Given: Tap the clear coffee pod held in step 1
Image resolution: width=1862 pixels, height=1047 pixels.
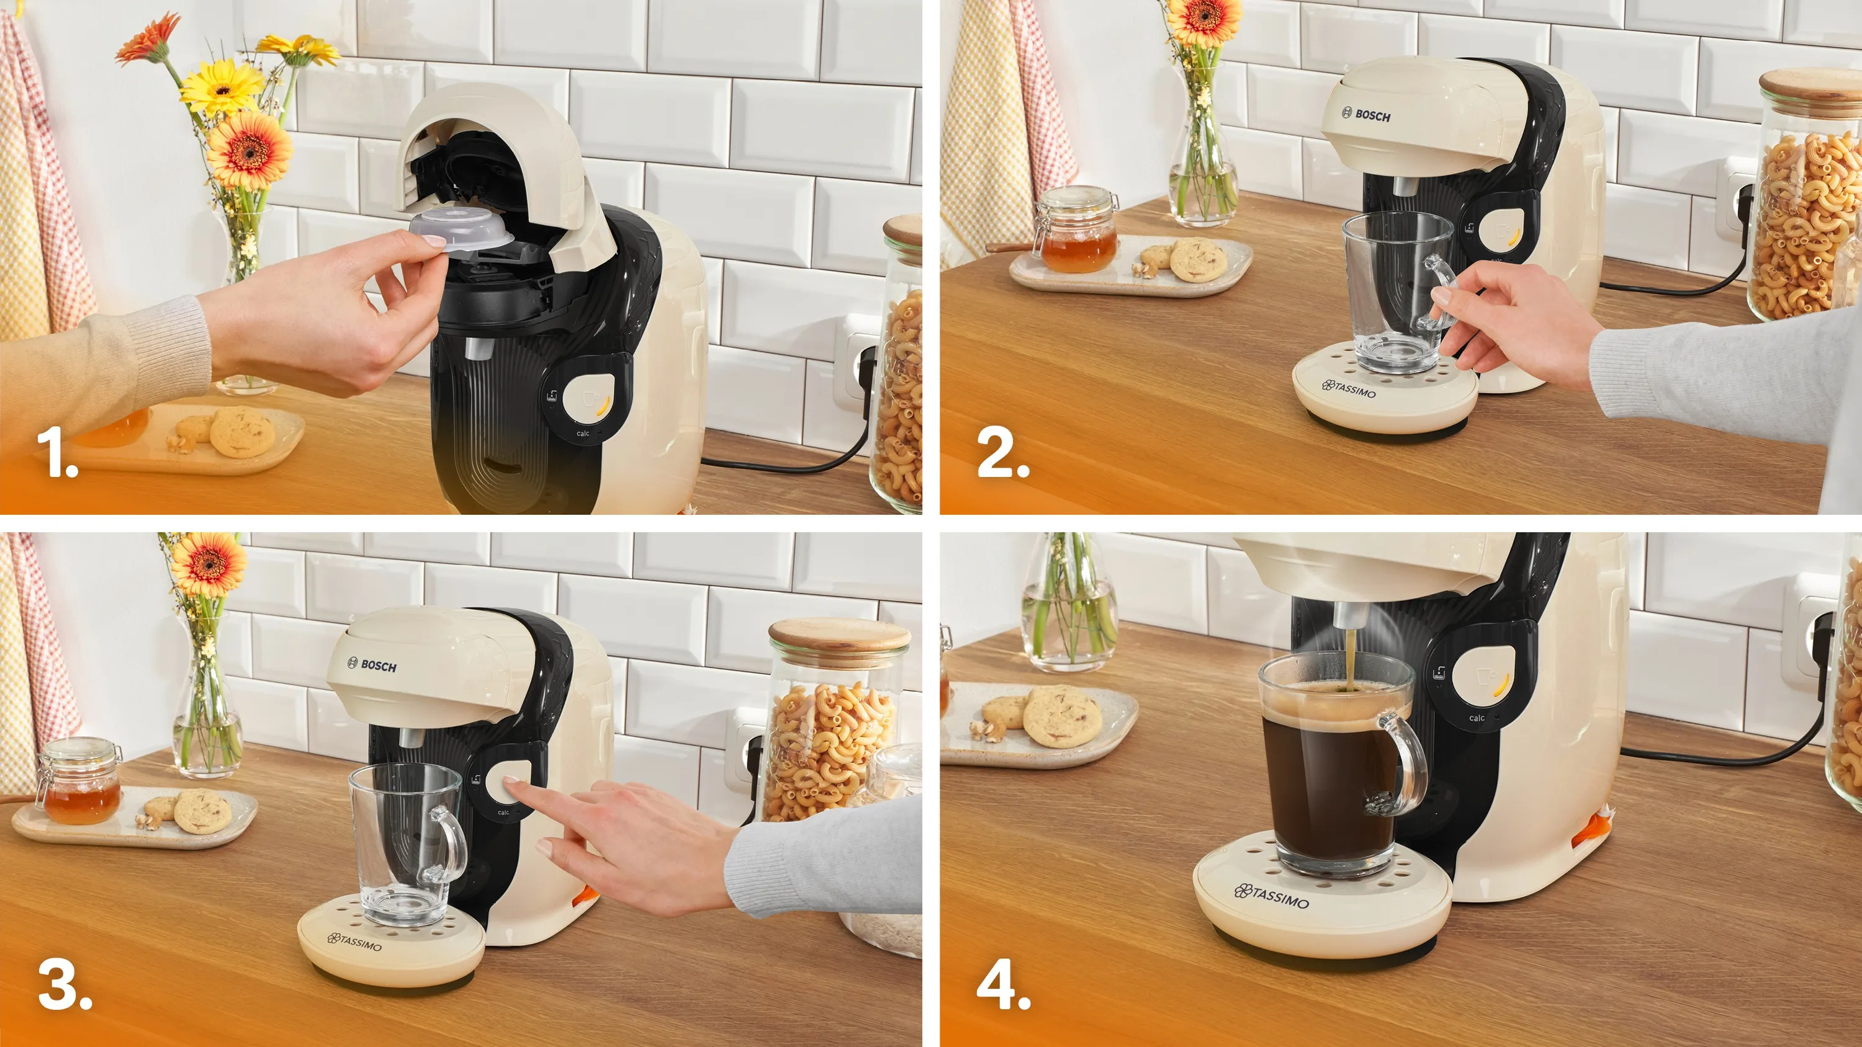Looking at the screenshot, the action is (461, 229).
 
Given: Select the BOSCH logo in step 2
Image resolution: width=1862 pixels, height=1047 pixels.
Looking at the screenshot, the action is (1365, 114).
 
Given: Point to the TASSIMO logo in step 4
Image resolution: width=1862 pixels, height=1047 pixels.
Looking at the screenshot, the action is (1272, 896).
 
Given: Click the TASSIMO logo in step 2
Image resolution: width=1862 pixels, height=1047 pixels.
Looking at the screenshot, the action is (1349, 389).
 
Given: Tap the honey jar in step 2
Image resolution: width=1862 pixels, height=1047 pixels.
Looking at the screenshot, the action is (1077, 229).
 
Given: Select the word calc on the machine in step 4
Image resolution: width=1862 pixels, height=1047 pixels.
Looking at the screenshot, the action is (1476, 718).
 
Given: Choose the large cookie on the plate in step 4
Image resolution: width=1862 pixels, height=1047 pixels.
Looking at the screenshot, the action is (1062, 716).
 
